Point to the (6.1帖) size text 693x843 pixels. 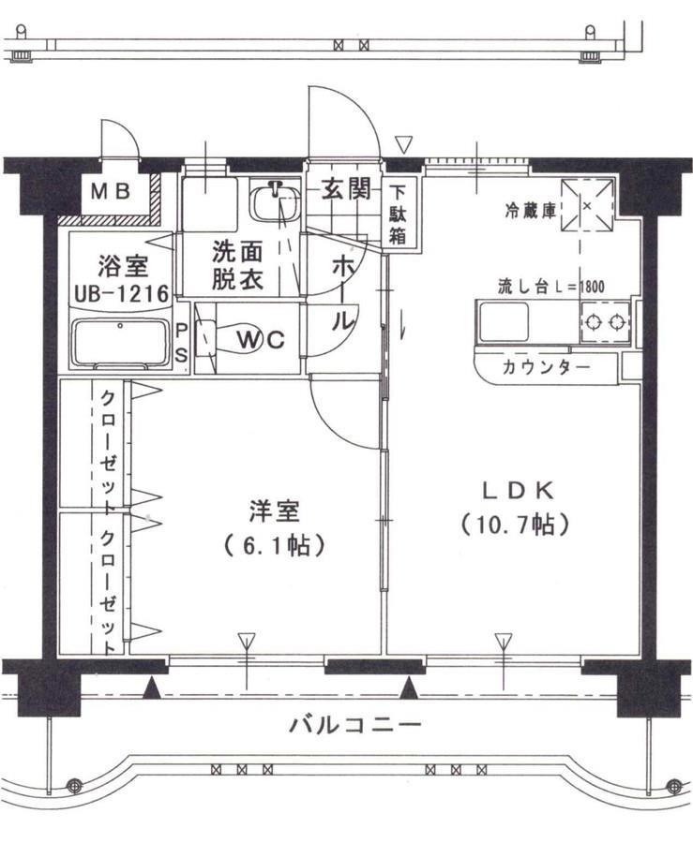click(274, 545)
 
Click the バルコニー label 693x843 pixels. click(354, 724)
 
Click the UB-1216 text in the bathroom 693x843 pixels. click(121, 294)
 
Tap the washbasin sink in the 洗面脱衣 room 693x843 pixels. click(274, 201)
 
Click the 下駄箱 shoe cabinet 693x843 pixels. click(399, 214)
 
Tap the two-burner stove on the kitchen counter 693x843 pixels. click(605, 324)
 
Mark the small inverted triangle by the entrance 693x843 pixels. click(403, 144)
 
